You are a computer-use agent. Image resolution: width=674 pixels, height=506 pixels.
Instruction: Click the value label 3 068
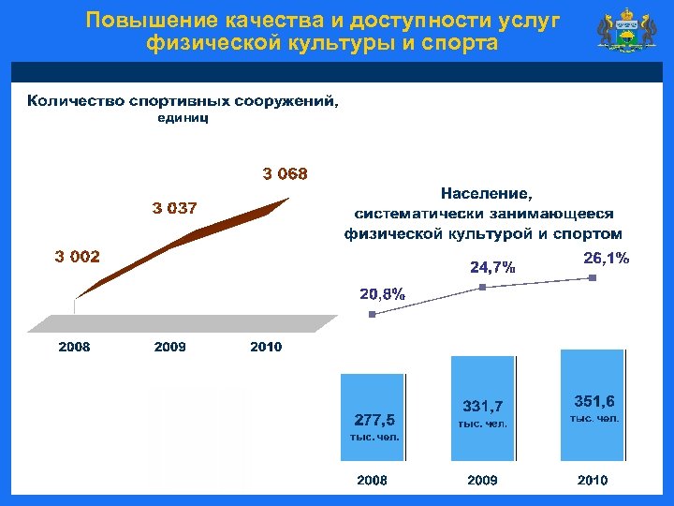pos(285,173)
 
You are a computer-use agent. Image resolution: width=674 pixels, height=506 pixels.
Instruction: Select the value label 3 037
pos(175,208)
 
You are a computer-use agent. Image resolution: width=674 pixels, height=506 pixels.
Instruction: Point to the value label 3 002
pos(77,256)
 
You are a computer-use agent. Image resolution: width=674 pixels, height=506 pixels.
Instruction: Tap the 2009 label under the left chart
pos(170,347)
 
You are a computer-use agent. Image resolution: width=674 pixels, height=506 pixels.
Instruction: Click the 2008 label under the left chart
pos(75,347)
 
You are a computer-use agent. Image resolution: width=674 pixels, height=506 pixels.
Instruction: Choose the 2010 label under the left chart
pos(266,347)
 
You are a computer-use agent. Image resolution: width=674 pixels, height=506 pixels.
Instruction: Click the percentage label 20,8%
pos(383,294)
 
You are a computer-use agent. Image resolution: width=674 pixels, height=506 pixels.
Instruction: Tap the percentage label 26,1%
pos(607,257)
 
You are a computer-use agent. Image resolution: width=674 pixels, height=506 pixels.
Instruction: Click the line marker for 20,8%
pos(372,315)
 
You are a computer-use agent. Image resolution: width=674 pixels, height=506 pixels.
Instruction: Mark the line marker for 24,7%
pos(482,287)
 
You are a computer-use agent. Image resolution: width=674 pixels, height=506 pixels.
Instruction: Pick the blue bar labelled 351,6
pos(592,405)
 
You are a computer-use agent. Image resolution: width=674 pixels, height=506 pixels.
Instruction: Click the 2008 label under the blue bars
pos(372,480)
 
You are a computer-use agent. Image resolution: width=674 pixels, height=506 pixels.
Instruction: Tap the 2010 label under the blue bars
pos(592,480)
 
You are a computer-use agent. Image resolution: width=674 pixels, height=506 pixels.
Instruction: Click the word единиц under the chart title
pos(183,118)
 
